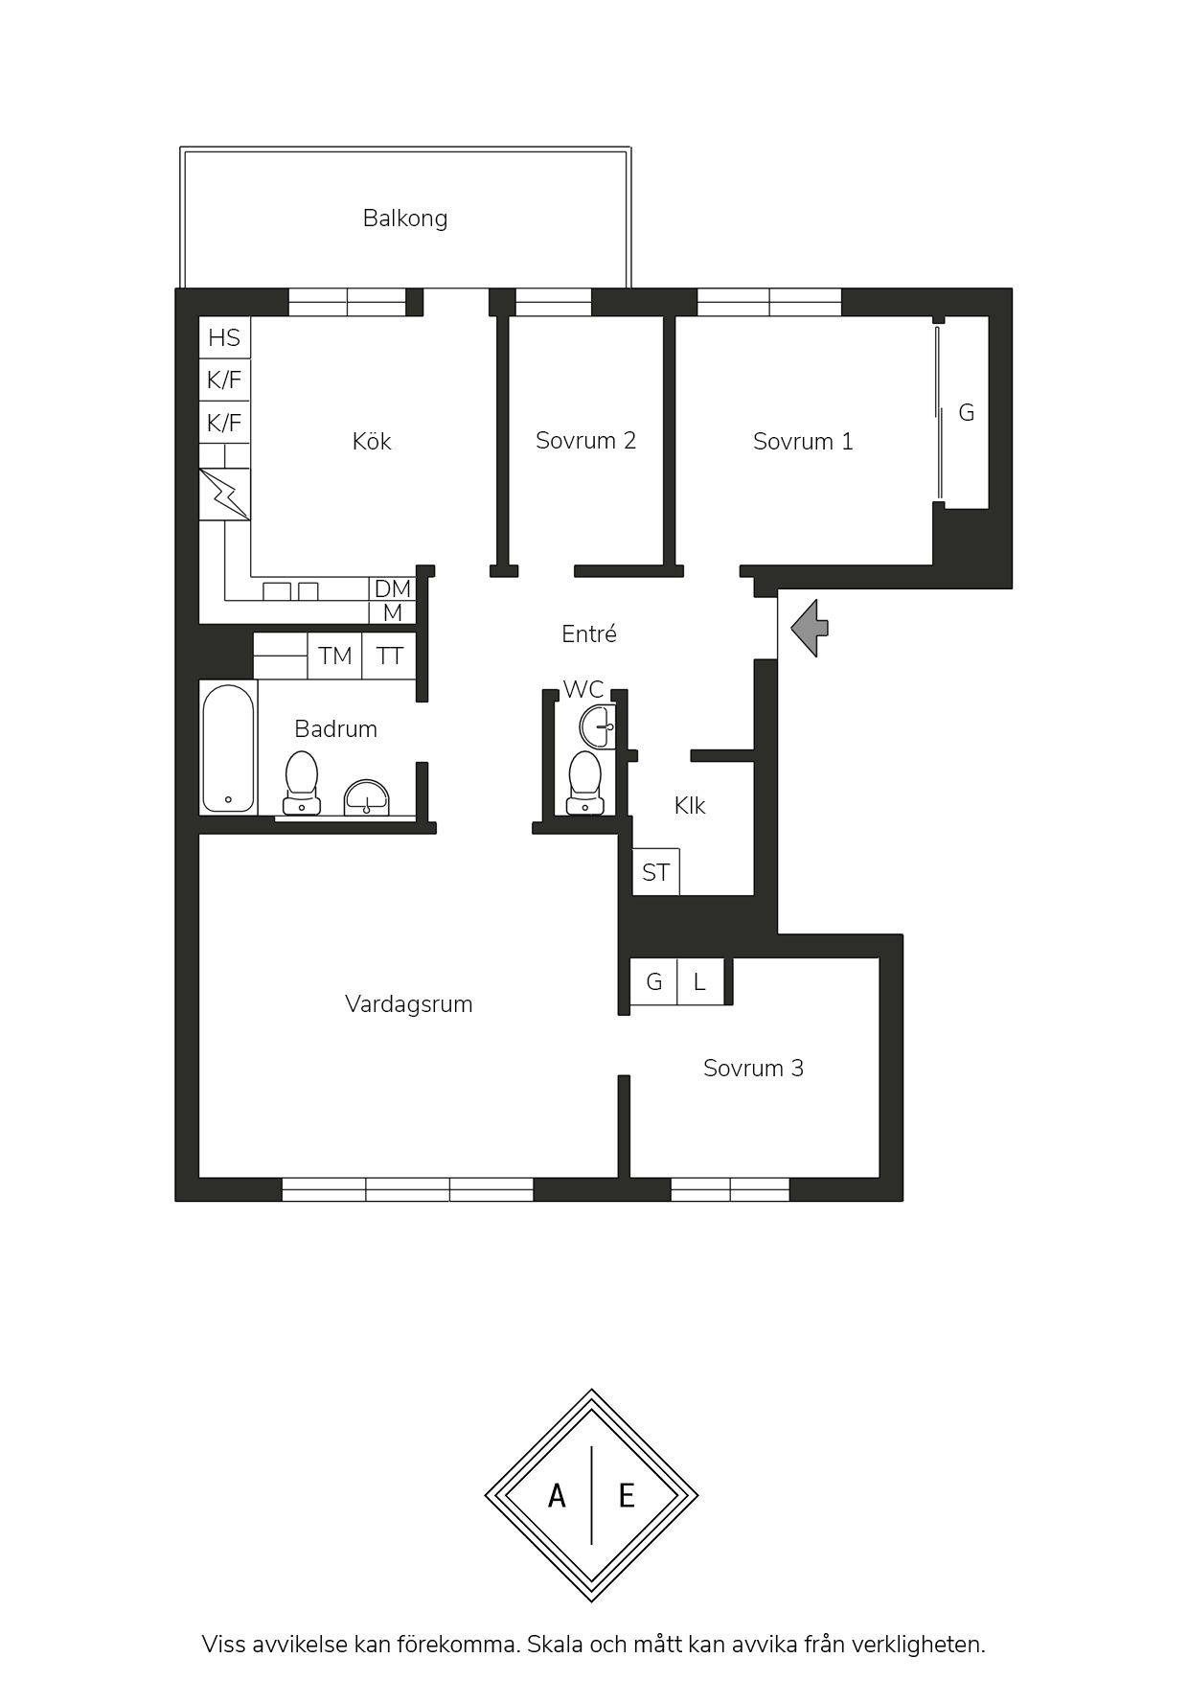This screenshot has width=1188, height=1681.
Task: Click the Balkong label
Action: click(x=405, y=219)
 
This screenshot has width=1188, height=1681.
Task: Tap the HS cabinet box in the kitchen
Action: click(x=224, y=337)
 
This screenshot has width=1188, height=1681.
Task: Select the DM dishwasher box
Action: click(x=392, y=588)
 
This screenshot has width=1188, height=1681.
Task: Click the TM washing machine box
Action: click(x=335, y=656)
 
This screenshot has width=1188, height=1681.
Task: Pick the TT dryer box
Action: click(x=390, y=656)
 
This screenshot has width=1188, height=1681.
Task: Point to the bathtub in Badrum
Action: click(x=229, y=748)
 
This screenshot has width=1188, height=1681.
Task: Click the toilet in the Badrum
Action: click(x=302, y=782)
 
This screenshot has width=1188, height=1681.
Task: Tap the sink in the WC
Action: click(x=597, y=725)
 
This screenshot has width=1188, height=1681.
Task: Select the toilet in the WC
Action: click(x=584, y=782)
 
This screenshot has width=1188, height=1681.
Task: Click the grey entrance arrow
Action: click(x=810, y=629)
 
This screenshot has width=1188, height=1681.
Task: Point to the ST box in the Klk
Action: click(x=656, y=872)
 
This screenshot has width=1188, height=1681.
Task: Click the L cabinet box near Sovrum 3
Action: click(x=700, y=981)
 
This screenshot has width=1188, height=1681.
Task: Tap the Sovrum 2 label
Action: click(x=585, y=441)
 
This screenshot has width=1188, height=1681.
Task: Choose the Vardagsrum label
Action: click(x=409, y=1004)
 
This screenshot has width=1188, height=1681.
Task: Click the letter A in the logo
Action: click(x=557, y=1495)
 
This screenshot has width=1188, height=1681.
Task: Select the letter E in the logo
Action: click(x=627, y=1495)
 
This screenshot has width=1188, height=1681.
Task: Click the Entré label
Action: click(x=588, y=633)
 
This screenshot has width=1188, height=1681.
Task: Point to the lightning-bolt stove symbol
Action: click(x=224, y=495)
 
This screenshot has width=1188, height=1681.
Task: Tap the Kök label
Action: click(x=372, y=441)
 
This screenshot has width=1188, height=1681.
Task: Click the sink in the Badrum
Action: click(x=368, y=797)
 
